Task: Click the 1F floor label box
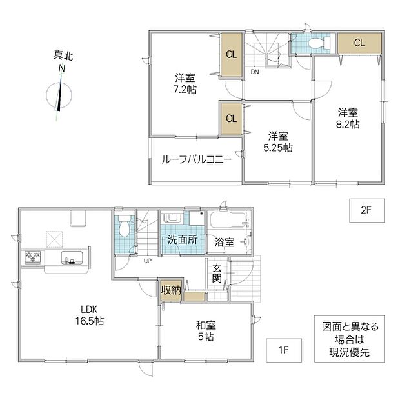[284, 350]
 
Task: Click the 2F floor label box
[367, 210]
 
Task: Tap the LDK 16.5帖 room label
[89, 315]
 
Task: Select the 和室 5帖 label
[206, 331]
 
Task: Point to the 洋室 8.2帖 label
[348, 119]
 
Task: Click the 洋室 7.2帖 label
[185, 83]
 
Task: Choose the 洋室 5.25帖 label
[278, 142]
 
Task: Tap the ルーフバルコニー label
[196, 160]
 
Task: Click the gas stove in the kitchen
[33, 257]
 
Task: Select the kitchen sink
[72, 257]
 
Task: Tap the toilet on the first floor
[124, 226]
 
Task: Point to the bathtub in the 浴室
[227, 219]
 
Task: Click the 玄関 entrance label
[217, 273]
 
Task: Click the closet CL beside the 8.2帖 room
[360, 43]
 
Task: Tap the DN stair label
[255, 72]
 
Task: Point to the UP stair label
[148, 261]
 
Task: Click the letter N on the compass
[62, 68]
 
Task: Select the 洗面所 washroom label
[182, 240]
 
